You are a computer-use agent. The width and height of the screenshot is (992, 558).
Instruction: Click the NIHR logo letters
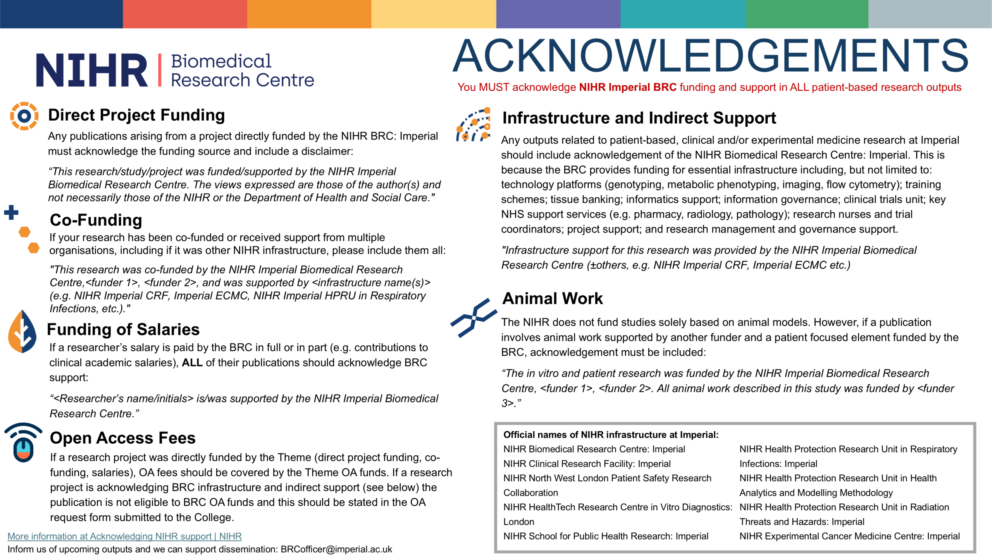click(x=91, y=70)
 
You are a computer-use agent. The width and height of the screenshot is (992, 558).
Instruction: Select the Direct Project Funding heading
click(x=136, y=115)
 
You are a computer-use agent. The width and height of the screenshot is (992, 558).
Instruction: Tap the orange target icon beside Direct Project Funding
click(x=24, y=116)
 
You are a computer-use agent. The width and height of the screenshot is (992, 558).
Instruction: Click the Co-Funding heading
click(x=96, y=220)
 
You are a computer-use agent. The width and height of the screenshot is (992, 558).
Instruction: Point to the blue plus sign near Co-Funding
click(x=11, y=212)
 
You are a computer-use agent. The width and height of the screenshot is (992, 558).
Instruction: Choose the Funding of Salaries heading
click(x=123, y=329)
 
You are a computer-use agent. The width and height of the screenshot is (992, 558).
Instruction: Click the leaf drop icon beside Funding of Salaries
click(x=22, y=331)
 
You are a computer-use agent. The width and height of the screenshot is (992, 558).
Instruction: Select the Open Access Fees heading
click(x=123, y=438)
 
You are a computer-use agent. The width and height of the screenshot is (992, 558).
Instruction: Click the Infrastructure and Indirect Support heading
click(x=639, y=118)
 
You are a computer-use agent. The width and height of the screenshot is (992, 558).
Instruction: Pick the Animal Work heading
click(x=553, y=298)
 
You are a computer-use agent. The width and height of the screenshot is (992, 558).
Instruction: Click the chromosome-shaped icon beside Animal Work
click(x=474, y=318)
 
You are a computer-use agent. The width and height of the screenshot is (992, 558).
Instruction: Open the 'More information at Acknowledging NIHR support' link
click(x=124, y=536)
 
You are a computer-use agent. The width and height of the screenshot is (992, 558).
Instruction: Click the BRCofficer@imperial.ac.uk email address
click(x=336, y=549)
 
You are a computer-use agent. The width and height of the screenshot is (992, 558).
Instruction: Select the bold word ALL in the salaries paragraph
click(x=192, y=363)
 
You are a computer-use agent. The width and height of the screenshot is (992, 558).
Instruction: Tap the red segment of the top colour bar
click(x=185, y=14)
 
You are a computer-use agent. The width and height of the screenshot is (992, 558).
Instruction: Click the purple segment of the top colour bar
click(x=558, y=14)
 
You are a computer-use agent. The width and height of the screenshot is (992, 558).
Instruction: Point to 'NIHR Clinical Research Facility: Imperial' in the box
click(x=587, y=464)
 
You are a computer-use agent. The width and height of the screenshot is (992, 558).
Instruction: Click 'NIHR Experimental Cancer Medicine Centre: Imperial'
click(x=849, y=536)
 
